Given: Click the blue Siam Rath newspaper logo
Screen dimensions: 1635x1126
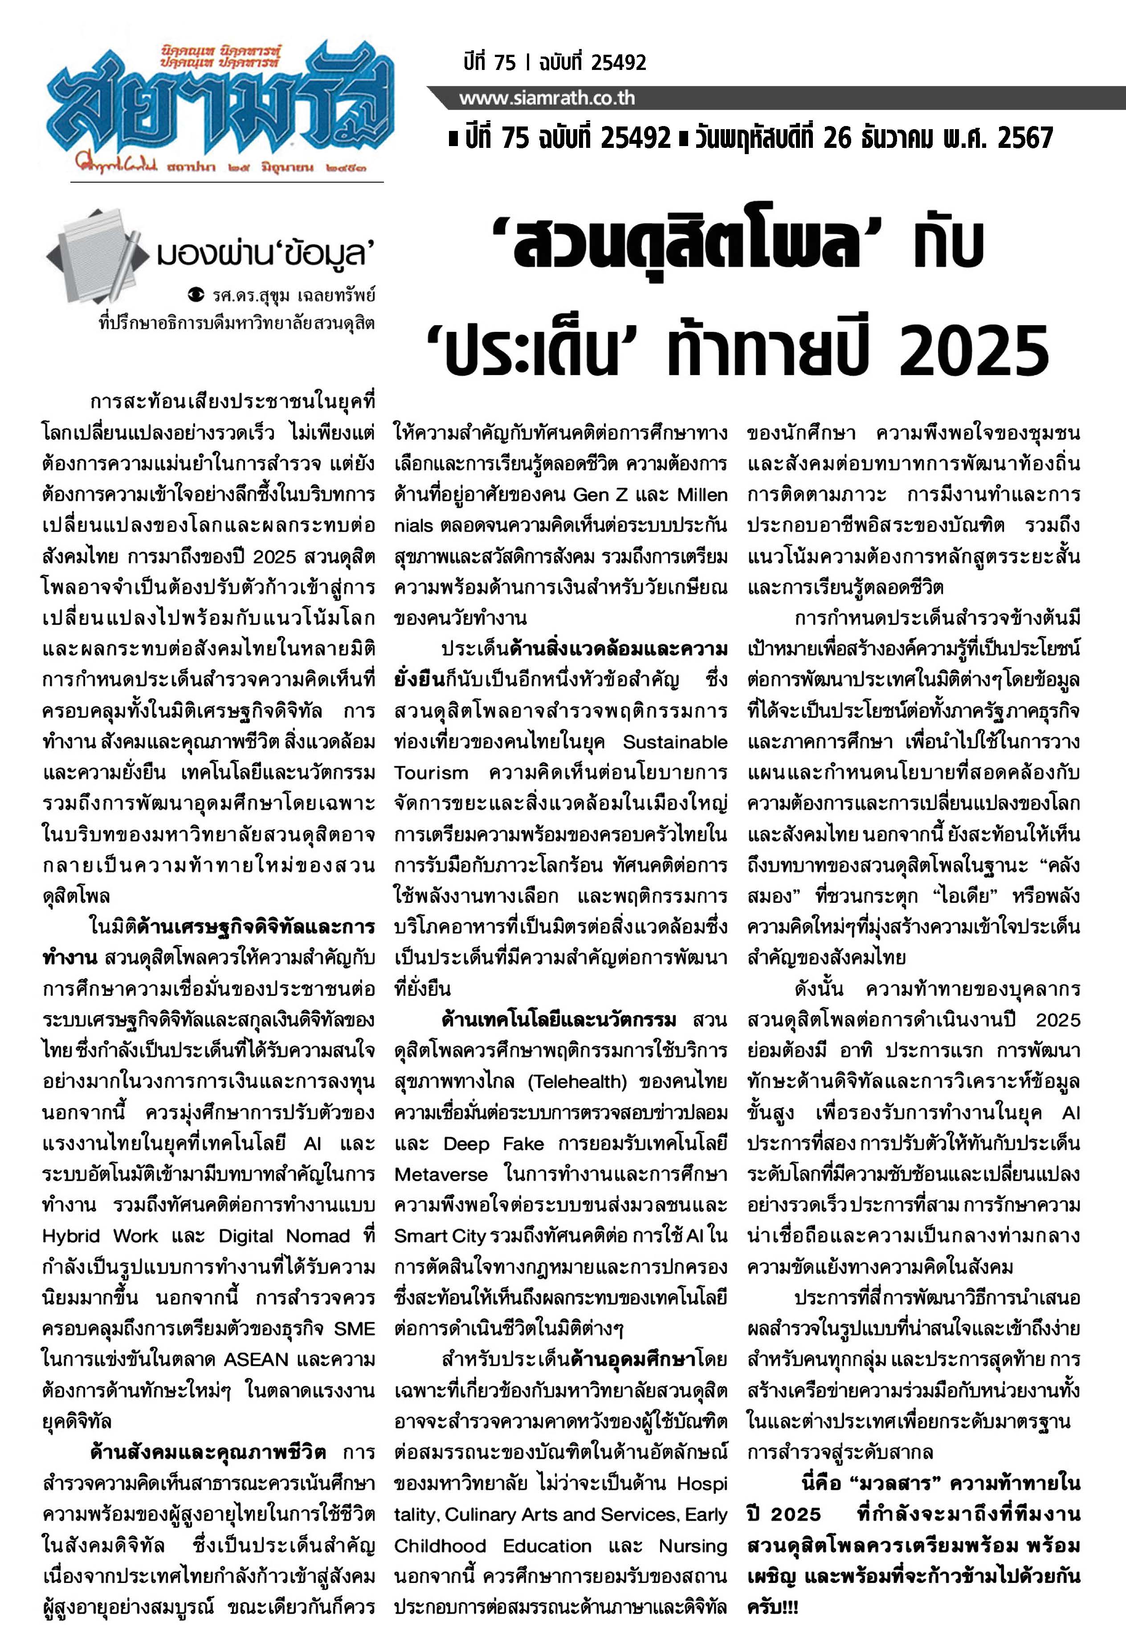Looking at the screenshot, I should (x=219, y=106).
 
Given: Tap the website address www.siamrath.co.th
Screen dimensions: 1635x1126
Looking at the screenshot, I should (x=547, y=98).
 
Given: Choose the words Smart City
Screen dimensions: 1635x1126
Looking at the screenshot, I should (x=440, y=1236).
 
